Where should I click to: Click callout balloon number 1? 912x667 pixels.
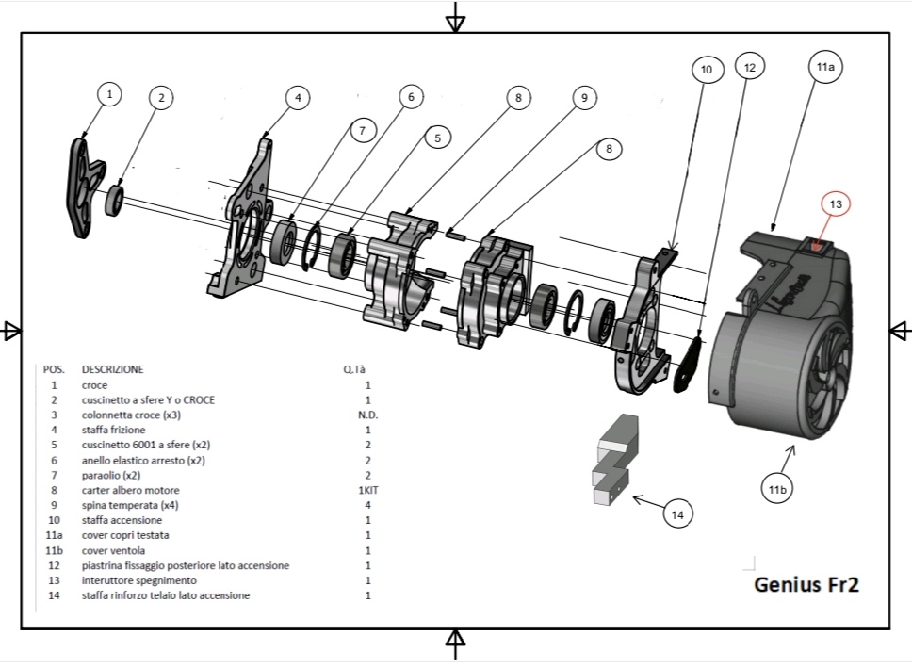(x=110, y=94)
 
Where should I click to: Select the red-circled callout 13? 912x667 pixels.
(x=836, y=203)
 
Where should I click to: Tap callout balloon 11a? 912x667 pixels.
(x=828, y=67)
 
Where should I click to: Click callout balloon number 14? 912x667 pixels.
(x=677, y=513)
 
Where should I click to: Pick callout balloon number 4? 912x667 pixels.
(x=298, y=97)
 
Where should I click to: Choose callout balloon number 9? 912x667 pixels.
(x=584, y=97)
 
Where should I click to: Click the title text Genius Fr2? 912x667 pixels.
(x=806, y=584)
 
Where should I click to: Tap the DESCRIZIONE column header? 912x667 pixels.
(x=113, y=369)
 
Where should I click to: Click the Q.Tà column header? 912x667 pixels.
(x=355, y=369)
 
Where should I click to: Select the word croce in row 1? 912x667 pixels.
(x=95, y=384)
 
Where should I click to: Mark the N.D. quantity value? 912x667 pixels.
(x=367, y=415)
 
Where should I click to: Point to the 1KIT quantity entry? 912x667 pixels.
(x=367, y=490)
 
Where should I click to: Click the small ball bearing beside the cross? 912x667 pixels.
(x=116, y=199)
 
